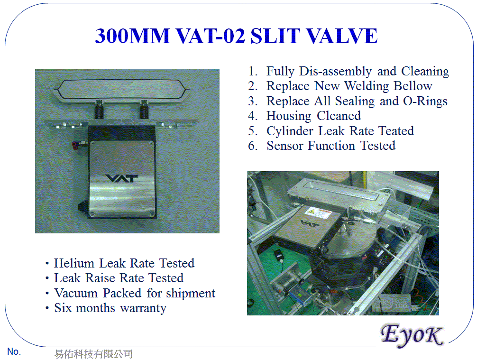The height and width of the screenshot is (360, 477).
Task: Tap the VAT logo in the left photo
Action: click(121, 179)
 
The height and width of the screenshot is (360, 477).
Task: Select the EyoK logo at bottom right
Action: click(412, 335)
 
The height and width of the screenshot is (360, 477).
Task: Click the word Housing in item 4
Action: click(289, 116)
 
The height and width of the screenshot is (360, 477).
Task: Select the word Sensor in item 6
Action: click(285, 146)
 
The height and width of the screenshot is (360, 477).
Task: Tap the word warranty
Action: click(143, 308)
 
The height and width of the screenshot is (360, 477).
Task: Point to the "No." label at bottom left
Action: click(14, 352)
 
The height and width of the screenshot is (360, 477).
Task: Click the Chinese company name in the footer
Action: click(93, 354)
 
